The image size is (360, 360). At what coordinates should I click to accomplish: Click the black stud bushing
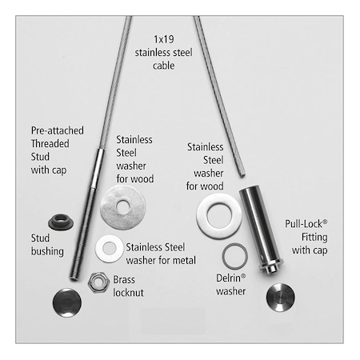(x=61, y=222)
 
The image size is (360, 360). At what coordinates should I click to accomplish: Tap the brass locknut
(x=98, y=282)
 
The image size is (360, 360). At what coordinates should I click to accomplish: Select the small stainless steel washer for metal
(x=110, y=249)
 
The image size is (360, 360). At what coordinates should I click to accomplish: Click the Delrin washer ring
(x=235, y=256)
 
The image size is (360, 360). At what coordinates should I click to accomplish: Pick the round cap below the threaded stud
(x=67, y=302)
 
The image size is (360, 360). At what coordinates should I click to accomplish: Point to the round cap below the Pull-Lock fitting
(x=281, y=298)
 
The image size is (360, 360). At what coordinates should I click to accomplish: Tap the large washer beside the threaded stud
(x=123, y=207)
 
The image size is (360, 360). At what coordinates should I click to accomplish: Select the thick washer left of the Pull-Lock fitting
(x=219, y=216)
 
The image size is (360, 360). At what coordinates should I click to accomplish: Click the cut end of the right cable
(x=242, y=175)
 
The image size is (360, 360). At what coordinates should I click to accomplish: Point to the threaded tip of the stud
(x=74, y=278)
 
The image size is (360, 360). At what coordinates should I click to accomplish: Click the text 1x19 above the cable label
(x=164, y=39)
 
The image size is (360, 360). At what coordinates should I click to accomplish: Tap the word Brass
(x=124, y=279)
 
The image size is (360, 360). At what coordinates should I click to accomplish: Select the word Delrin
(x=229, y=278)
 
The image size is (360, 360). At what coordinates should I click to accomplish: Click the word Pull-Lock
(x=304, y=224)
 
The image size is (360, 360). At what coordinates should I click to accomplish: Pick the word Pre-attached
(x=58, y=130)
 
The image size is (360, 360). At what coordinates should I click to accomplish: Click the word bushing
(x=47, y=251)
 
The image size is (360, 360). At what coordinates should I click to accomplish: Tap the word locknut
(x=129, y=293)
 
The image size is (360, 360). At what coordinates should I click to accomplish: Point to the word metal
(x=184, y=260)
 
